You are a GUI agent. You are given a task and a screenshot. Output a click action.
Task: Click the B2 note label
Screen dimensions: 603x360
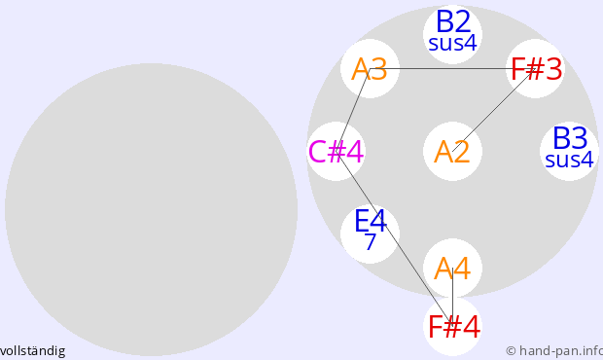pyautogui.click(x=453, y=22)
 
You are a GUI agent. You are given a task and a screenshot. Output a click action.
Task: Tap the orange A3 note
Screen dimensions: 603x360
pyautogui.click(x=370, y=69)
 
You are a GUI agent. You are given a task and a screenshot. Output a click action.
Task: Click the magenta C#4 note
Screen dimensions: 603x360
pyautogui.click(x=337, y=152)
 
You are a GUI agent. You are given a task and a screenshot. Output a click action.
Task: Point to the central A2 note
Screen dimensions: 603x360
pyautogui.click(x=452, y=152)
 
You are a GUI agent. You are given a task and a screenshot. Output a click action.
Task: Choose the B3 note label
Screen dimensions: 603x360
pyautogui.click(x=570, y=138)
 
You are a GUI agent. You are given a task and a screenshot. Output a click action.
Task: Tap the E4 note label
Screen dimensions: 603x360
pyautogui.click(x=370, y=221)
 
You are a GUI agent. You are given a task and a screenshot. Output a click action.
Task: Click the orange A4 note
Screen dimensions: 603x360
pyautogui.click(x=452, y=269)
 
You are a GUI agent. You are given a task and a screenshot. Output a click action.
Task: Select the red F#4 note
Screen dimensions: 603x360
pyautogui.click(x=454, y=327)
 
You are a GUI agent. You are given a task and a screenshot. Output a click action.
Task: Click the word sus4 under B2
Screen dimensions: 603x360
pyautogui.click(x=452, y=43)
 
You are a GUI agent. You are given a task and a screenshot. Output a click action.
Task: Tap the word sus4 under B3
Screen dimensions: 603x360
pyautogui.click(x=570, y=160)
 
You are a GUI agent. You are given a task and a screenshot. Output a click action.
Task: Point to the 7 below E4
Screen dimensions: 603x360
pyautogui.click(x=370, y=241)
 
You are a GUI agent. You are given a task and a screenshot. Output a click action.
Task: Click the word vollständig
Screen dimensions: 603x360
pyautogui.click(x=33, y=351)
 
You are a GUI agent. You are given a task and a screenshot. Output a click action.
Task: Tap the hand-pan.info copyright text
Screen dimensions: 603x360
pyautogui.click(x=554, y=351)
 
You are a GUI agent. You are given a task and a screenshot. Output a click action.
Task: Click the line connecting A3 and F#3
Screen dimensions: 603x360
pyautogui.click(x=452, y=69)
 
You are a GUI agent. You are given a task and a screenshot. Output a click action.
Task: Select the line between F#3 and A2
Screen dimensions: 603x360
pyautogui.click(x=494, y=110)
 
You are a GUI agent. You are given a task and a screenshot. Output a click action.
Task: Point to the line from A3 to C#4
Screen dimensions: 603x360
pyautogui.click(x=353, y=110)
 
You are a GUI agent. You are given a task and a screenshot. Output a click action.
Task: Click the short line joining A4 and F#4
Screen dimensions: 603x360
pyautogui.click(x=452, y=297)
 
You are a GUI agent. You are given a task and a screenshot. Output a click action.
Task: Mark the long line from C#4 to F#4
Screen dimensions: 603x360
pyautogui.click(x=394, y=238)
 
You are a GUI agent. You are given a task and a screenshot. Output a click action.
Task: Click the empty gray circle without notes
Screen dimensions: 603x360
pyautogui.click(x=151, y=209)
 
